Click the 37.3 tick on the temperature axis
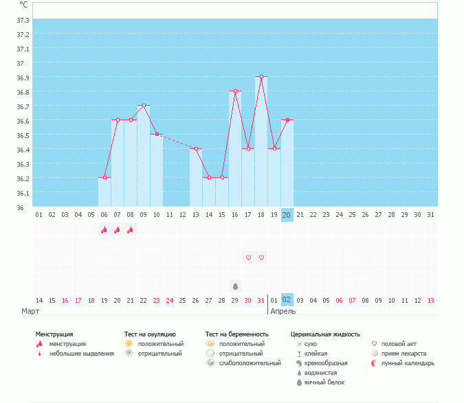click(x=23, y=34)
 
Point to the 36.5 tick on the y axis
click(x=23, y=135)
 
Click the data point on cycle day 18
click(x=261, y=77)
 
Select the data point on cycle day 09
click(x=144, y=106)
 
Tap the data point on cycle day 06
click(x=104, y=178)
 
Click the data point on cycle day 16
click(x=235, y=91)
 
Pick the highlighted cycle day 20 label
click(x=287, y=215)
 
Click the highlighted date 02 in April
click(x=287, y=300)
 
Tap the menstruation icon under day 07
click(x=118, y=230)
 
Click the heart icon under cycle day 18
click(x=261, y=257)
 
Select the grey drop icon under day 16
click(x=235, y=286)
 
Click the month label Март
click(x=30, y=311)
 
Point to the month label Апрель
click(x=283, y=311)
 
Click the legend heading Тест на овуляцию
click(x=150, y=334)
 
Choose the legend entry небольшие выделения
click(x=81, y=354)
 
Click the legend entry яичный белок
click(x=324, y=382)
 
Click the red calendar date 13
click(x=430, y=300)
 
